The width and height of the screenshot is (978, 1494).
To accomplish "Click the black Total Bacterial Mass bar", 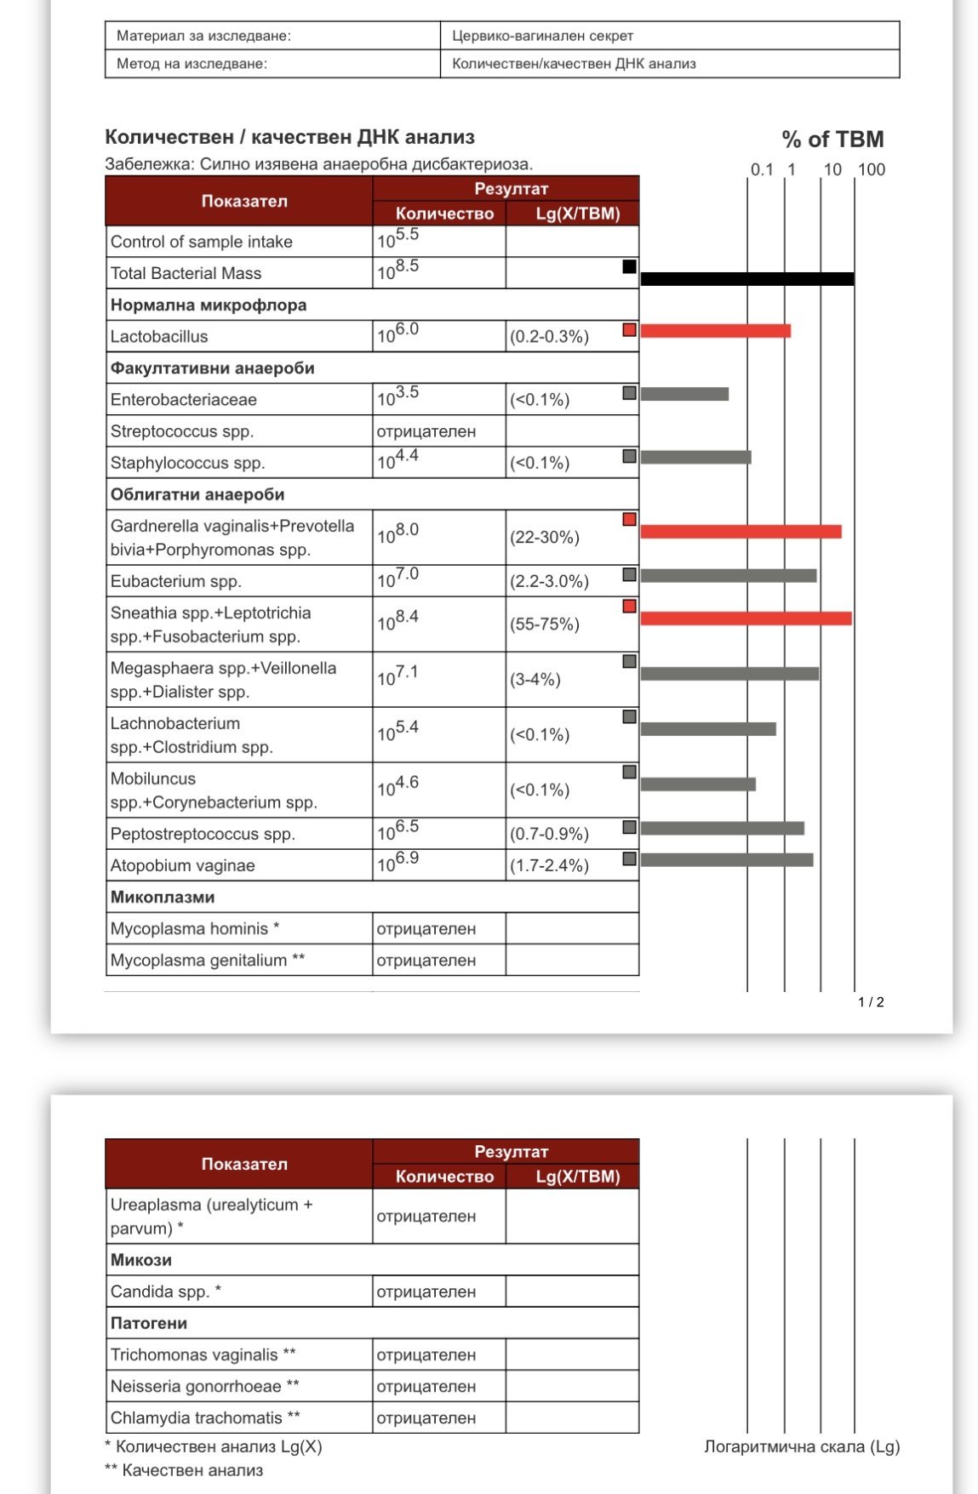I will [746, 279].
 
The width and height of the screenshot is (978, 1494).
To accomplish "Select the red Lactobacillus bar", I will [715, 331].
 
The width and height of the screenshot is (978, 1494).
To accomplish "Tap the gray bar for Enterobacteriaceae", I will [684, 394].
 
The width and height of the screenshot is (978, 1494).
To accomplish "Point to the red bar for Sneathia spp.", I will [746, 619].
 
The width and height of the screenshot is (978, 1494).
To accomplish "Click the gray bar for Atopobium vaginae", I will [726, 860].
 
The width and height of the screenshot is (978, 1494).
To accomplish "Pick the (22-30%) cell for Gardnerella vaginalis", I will [545, 538].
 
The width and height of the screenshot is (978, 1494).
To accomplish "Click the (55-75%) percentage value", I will [545, 624].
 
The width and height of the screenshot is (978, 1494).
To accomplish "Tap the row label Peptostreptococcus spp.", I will [203, 835].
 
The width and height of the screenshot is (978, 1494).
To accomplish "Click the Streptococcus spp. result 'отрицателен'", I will [426, 432].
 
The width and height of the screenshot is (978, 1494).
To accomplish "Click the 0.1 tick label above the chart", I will [762, 169].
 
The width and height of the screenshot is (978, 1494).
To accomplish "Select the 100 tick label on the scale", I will [872, 169].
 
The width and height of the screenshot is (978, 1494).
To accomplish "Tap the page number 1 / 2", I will [871, 1002].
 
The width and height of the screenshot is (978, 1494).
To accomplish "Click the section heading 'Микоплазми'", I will [163, 898].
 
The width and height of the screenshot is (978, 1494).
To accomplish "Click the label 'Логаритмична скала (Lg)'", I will [802, 1446].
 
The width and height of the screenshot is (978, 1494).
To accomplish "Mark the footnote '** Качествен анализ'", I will [184, 1470].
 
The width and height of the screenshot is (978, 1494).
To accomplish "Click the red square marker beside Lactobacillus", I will [630, 330].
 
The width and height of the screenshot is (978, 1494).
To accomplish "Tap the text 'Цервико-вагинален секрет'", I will [542, 36].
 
